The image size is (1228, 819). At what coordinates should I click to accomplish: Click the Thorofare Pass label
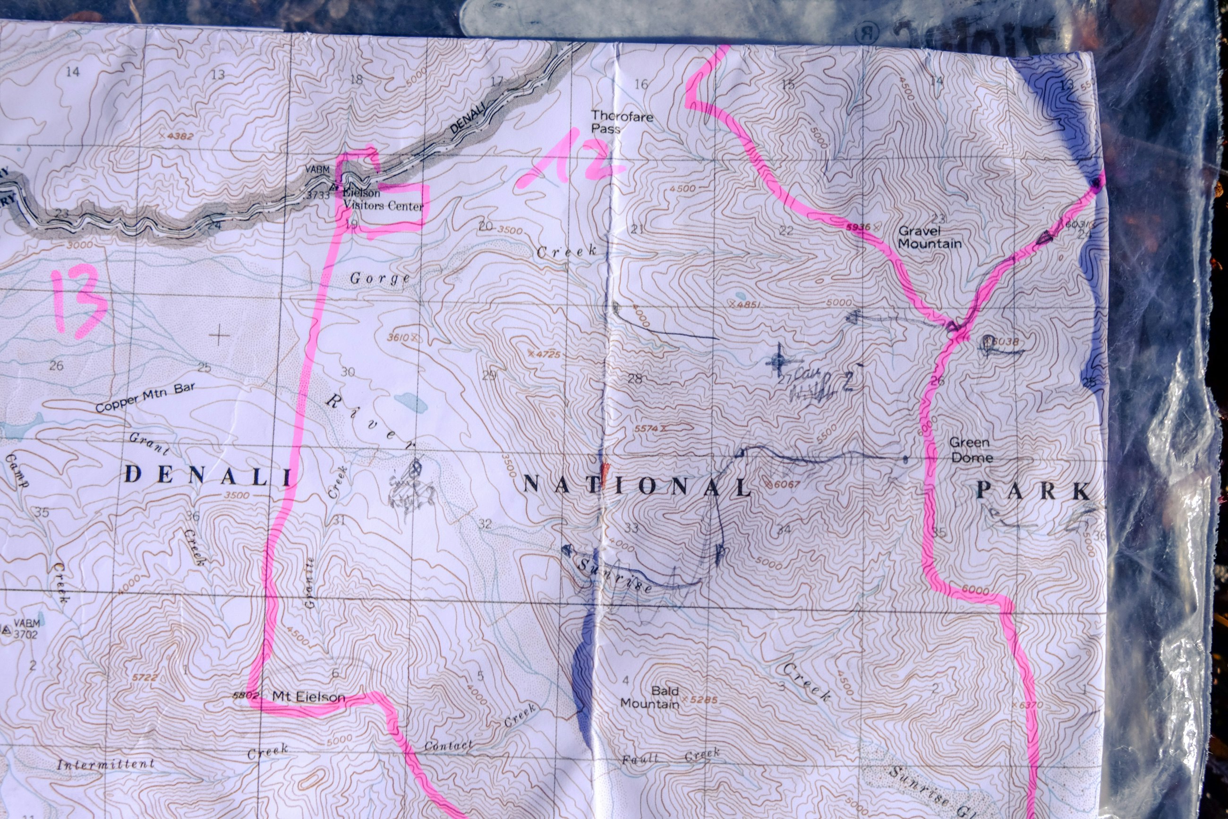pos(621,122)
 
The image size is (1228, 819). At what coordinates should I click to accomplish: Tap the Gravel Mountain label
pos(929,237)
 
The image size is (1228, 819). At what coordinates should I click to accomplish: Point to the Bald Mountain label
pos(650,697)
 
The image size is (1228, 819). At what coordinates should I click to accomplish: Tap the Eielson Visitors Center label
pos(382,199)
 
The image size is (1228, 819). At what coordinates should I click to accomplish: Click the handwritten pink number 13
pos(80,301)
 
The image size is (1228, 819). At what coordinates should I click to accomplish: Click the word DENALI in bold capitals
pos(208,475)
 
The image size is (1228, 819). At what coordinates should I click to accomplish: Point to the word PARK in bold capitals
pos(1033,491)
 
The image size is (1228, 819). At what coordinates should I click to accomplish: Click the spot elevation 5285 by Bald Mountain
pos(702,699)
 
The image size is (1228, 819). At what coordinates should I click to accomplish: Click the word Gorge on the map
pos(379,278)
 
